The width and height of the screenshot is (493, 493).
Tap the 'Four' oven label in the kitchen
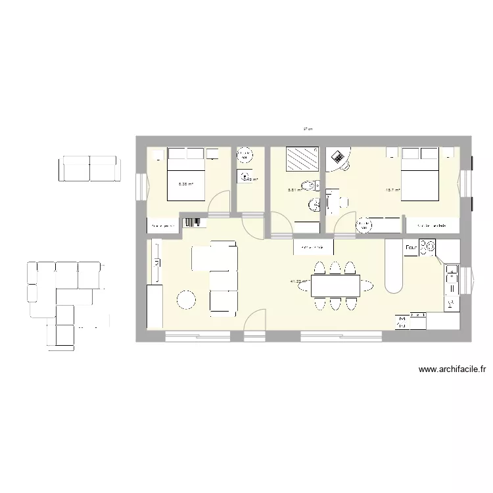410,247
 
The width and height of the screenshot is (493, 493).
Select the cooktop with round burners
427,246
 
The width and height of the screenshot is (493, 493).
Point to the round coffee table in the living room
186,300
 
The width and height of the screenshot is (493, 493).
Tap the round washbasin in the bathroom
315,206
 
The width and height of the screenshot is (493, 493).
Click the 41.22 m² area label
298,281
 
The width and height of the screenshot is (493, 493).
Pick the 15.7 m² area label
393,191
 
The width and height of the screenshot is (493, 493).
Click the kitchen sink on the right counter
452,280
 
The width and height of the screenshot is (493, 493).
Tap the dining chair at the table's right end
367,285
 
